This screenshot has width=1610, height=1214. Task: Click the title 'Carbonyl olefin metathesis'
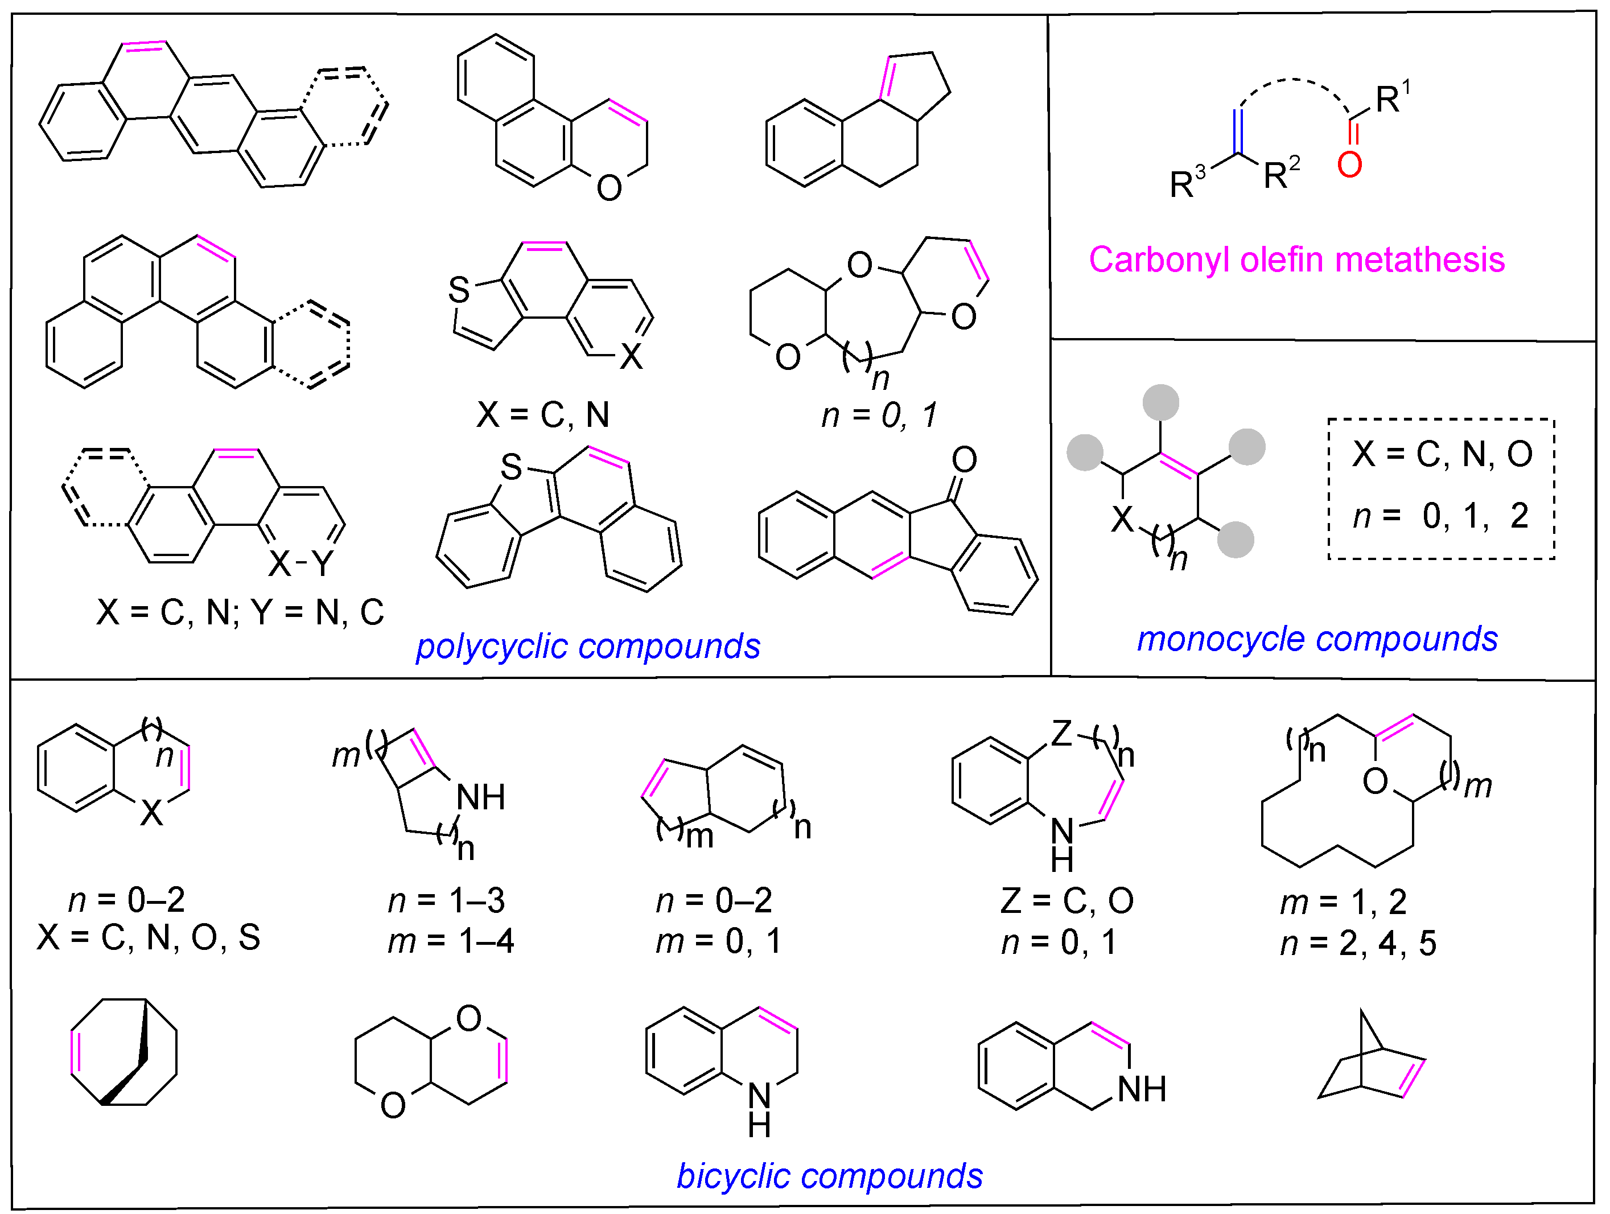tap(1296, 260)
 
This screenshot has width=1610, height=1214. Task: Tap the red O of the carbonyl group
tap(1349, 165)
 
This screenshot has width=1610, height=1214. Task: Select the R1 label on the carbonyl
tap(1391, 98)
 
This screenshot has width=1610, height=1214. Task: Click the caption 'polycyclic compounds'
tap(587, 647)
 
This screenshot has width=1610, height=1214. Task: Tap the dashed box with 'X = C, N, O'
tap(1441, 489)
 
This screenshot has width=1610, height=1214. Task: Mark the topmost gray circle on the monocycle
tap(1160, 402)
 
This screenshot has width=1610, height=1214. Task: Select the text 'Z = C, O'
tap(1067, 901)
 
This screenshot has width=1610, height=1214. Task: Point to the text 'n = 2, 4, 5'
tap(1358, 943)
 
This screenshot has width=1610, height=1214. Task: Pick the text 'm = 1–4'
tap(451, 941)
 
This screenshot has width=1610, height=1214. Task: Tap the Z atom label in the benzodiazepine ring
tap(1061, 734)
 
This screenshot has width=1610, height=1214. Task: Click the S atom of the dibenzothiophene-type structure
tap(511, 467)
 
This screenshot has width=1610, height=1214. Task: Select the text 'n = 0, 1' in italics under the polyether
tap(879, 415)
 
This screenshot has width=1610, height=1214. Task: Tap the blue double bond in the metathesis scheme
tap(1239, 131)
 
